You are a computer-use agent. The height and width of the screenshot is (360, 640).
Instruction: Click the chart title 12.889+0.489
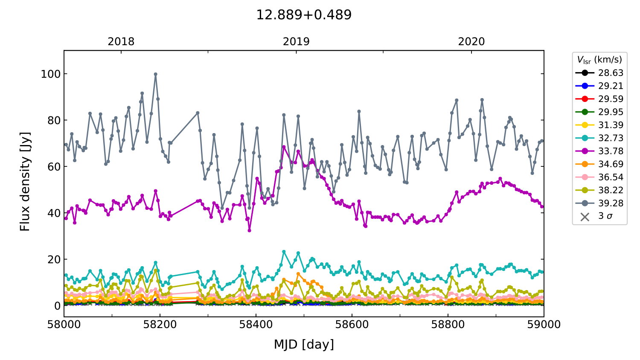pyautogui.click(x=303, y=15)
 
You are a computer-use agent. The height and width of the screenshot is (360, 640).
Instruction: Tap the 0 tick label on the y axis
pyautogui.click(x=57, y=306)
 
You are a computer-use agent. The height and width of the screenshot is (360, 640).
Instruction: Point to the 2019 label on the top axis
pyautogui.click(x=296, y=42)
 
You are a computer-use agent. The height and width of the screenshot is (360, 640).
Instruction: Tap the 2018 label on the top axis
pyautogui.click(x=121, y=42)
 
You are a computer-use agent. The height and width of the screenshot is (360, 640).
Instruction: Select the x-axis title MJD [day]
pyautogui.click(x=303, y=344)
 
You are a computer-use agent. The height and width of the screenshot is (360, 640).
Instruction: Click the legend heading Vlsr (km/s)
pyautogui.click(x=599, y=60)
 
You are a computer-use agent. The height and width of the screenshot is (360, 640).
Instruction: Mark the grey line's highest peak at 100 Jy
pyautogui.click(x=156, y=74)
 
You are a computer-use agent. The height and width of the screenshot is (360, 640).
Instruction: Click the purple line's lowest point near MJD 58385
pyautogui.click(x=249, y=230)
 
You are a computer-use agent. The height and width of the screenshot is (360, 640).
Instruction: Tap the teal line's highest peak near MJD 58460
pyautogui.click(x=284, y=252)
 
